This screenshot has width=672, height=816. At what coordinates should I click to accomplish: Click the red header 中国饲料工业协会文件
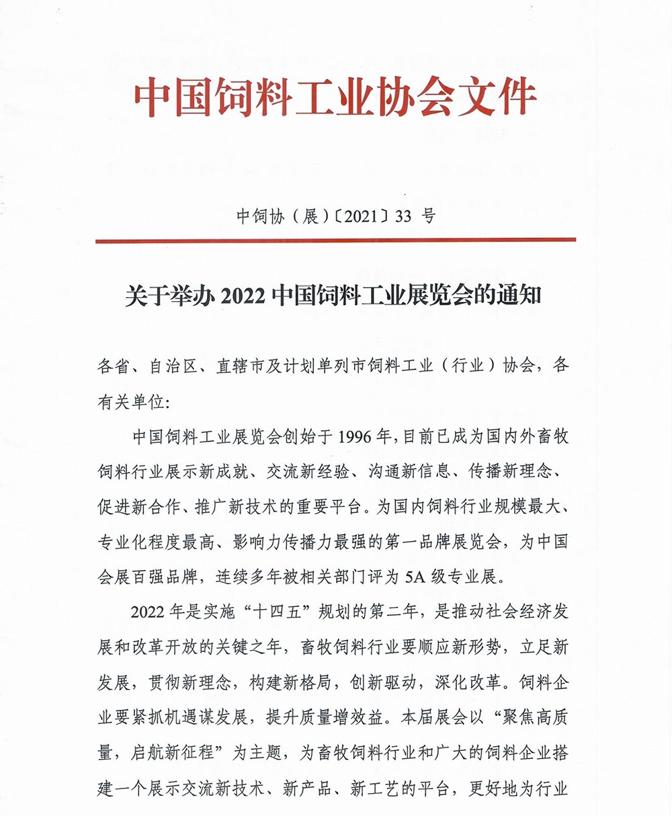[x=335, y=98]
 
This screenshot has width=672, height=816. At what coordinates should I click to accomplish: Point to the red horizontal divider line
[x=335, y=240]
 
